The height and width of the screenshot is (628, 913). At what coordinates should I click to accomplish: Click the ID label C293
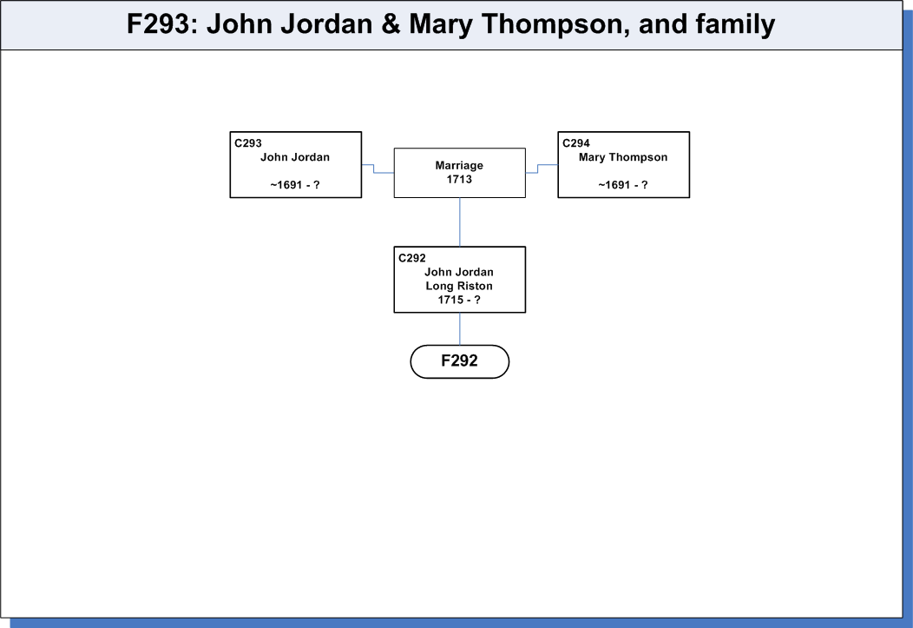[x=248, y=143]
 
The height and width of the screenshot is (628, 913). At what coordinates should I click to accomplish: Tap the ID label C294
[x=576, y=143]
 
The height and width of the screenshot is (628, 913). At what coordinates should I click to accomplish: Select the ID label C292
[x=411, y=258]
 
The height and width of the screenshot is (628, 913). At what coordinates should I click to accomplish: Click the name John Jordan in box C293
[x=295, y=157]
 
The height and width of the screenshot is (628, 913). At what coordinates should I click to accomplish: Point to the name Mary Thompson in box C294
[x=623, y=157]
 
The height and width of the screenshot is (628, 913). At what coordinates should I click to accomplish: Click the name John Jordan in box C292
[x=459, y=272]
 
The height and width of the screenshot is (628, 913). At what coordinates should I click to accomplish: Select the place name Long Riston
[x=459, y=286]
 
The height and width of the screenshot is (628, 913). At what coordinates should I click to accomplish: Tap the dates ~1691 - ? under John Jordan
[x=295, y=185]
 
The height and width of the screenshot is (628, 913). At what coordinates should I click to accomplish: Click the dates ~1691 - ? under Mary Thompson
[x=623, y=185]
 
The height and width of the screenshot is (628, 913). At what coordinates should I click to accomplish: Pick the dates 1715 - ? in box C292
[x=459, y=300]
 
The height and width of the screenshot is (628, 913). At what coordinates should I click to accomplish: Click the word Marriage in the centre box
[x=459, y=165]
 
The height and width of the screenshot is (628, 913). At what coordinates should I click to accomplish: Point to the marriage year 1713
[x=459, y=180]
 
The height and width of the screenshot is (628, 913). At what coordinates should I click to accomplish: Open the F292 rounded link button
[x=459, y=361]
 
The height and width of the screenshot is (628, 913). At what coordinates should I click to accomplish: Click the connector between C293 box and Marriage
[x=374, y=169]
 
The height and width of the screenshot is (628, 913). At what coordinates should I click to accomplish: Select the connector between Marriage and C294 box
[x=538, y=169]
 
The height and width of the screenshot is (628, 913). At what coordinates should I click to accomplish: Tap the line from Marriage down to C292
[x=460, y=222]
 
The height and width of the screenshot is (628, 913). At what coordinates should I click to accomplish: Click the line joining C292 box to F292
[x=460, y=329]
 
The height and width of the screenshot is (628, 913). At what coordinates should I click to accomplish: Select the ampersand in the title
[x=391, y=24]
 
